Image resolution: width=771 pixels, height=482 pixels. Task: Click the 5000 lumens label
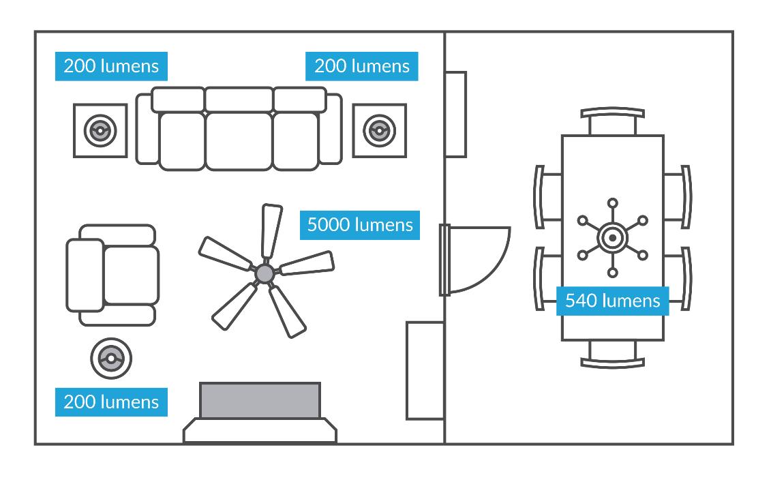[x=360, y=225]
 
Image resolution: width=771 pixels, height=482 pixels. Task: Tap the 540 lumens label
[x=612, y=301]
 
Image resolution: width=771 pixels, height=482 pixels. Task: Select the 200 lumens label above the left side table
[x=111, y=66]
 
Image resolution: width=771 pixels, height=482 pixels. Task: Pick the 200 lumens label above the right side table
[x=362, y=66]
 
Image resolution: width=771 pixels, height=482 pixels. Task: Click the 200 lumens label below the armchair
[x=111, y=402]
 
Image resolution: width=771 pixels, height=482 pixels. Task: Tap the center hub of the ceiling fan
[x=264, y=273]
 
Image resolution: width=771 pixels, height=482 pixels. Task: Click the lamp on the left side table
[x=100, y=130]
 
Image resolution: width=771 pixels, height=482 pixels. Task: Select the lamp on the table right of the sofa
[x=379, y=130]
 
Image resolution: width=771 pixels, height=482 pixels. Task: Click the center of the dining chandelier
[x=612, y=237]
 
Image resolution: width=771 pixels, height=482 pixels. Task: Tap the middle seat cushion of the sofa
[x=239, y=140]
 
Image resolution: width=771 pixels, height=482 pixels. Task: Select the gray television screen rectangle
[x=260, y=400]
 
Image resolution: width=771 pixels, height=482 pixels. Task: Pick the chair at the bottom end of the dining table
[x=612, y=354]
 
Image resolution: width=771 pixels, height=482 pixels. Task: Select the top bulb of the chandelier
[x=612, y=202]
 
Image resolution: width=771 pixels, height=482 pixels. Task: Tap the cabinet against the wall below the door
[x=425, y=370]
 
